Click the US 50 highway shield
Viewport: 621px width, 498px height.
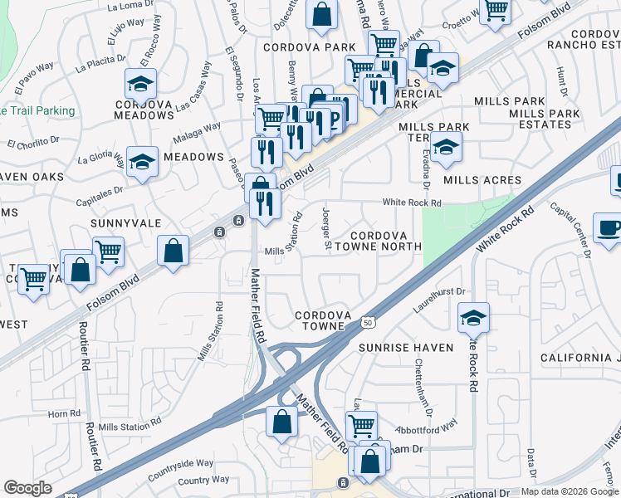pyautogui.click(x=367, y=320)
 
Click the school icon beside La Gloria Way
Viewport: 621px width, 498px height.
pyautogui.click(x=142, y=162)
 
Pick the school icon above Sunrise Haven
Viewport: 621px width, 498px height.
pyautogui.click(x=473, y=317)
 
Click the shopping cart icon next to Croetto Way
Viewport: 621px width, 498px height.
pyautogui.click(x=496, y=12)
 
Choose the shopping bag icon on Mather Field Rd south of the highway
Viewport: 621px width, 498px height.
pyautogui.click(x=282, y=421)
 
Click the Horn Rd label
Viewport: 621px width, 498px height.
pyautogui.click(x=63, y=413)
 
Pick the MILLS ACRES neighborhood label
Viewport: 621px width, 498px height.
pyautogui.click(x=482, y=180)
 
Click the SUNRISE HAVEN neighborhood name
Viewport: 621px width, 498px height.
pyautogui.click(x=407, y=347)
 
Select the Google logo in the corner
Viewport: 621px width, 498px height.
pyautogui.click(x=27, y=488)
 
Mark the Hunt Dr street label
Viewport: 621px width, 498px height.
pyautogui.click(x=564, y=81)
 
